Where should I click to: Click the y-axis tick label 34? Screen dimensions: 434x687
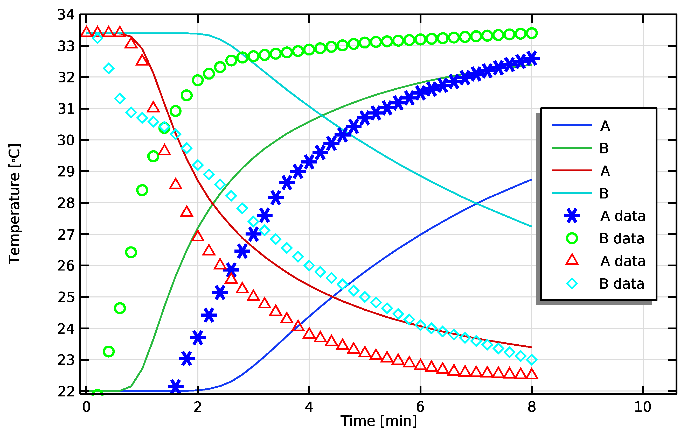coord(66,15)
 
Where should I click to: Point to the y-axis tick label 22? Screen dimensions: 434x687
coord(66,392)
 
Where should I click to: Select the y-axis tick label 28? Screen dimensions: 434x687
coord(66,203)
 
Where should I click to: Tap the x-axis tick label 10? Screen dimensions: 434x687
coord(643,407)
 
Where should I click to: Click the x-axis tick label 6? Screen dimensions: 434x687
coord(420,407)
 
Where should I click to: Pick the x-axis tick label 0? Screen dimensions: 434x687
coord(86,407)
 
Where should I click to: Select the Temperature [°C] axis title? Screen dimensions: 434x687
coord(14,204)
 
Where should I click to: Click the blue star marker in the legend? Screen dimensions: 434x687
coord(572,216)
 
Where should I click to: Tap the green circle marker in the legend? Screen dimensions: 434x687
coord(572,238)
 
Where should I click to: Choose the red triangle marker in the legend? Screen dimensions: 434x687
coord(572,260)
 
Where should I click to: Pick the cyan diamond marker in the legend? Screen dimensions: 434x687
coord(572,283)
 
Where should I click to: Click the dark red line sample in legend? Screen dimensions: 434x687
coord(572,170)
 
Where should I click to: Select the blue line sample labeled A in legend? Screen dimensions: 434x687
coord(572,125)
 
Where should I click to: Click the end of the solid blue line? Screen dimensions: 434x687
coord(531,180)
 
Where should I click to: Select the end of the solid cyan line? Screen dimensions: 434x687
coord(531,226)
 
